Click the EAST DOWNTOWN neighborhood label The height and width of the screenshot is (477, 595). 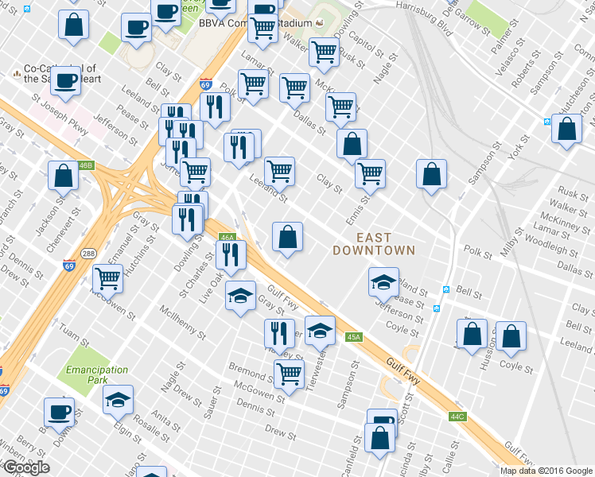point(374,243)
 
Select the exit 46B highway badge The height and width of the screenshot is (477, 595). point(87,165)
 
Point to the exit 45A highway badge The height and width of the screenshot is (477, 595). point(355,337)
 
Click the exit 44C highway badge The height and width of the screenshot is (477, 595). point(457,416)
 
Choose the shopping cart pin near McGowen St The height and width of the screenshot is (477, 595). point(107,278)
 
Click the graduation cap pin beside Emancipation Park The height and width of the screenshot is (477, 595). point(119,399)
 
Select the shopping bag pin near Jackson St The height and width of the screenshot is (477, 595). point(63,175)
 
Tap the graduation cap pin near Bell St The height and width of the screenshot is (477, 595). point(383,281)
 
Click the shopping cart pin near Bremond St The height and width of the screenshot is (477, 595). point(289,373)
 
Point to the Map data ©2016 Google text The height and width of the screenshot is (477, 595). point(546,471)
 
